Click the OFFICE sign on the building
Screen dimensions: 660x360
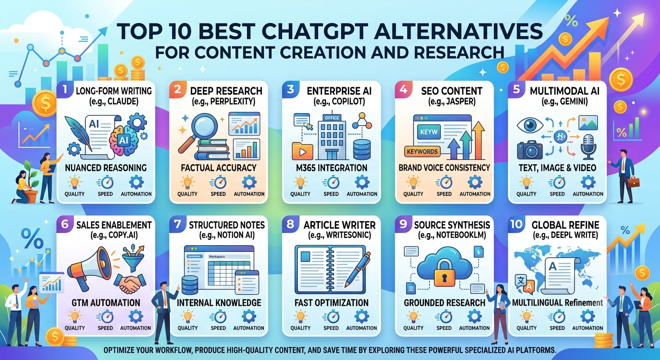(332, 118)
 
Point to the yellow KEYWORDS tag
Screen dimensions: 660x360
(422, 151)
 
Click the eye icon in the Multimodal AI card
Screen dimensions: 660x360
(530, 125)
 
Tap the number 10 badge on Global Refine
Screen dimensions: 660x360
(516, 224)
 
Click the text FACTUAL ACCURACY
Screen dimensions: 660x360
(218, 168)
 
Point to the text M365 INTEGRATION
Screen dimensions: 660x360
(331, 168)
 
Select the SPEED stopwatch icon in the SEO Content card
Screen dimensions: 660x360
(444, 183)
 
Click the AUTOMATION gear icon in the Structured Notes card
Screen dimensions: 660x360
(249, 317)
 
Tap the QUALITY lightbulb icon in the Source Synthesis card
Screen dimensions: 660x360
(413, 317)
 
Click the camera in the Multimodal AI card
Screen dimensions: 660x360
(530, 150)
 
